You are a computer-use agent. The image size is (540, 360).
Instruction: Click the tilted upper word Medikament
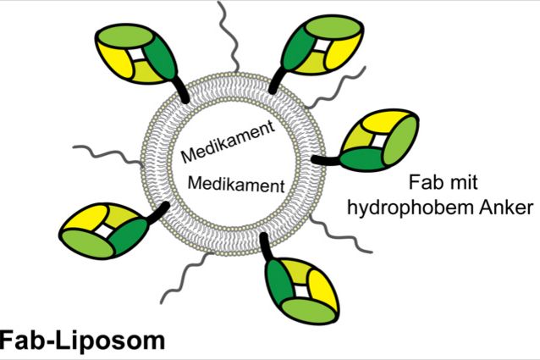coord(229,142)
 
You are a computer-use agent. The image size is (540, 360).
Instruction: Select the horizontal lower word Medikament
coord(236,184)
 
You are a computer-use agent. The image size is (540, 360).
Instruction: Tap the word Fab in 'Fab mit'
coord(422,182)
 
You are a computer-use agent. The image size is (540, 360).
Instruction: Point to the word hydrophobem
coord(405,208)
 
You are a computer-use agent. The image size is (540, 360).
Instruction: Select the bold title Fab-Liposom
coord(82,341)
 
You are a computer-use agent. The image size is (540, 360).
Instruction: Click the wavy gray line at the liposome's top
coord(228,36)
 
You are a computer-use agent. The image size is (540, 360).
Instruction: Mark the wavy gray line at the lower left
coord(187,278)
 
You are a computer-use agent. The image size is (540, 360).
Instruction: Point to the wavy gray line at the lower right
coord(341,235)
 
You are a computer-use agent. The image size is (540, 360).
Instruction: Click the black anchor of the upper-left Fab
coord(180,91)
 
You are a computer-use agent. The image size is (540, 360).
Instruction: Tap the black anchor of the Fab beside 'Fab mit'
coord(327,160)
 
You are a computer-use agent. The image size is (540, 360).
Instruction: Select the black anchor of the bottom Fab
coord(266,247)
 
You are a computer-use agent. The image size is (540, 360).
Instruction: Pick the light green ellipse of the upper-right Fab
coord(333,27)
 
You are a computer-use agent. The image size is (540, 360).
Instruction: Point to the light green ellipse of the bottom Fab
coord(309,311)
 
